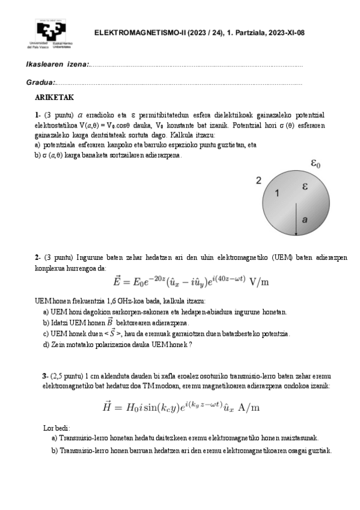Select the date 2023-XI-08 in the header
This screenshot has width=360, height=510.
(x=284, y=33)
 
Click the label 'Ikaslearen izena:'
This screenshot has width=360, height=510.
(x=58, y=64)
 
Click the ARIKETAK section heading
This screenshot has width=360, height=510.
(x=54, y=97)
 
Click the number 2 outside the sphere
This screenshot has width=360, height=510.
(x=258, y=180)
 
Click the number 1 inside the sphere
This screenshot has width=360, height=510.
(x=277, y=193)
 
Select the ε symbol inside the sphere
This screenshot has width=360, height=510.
(x=305, y=187)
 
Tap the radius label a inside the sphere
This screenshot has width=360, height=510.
(x=305, y=221)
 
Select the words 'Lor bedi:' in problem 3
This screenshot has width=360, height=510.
(x=56, y=428)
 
